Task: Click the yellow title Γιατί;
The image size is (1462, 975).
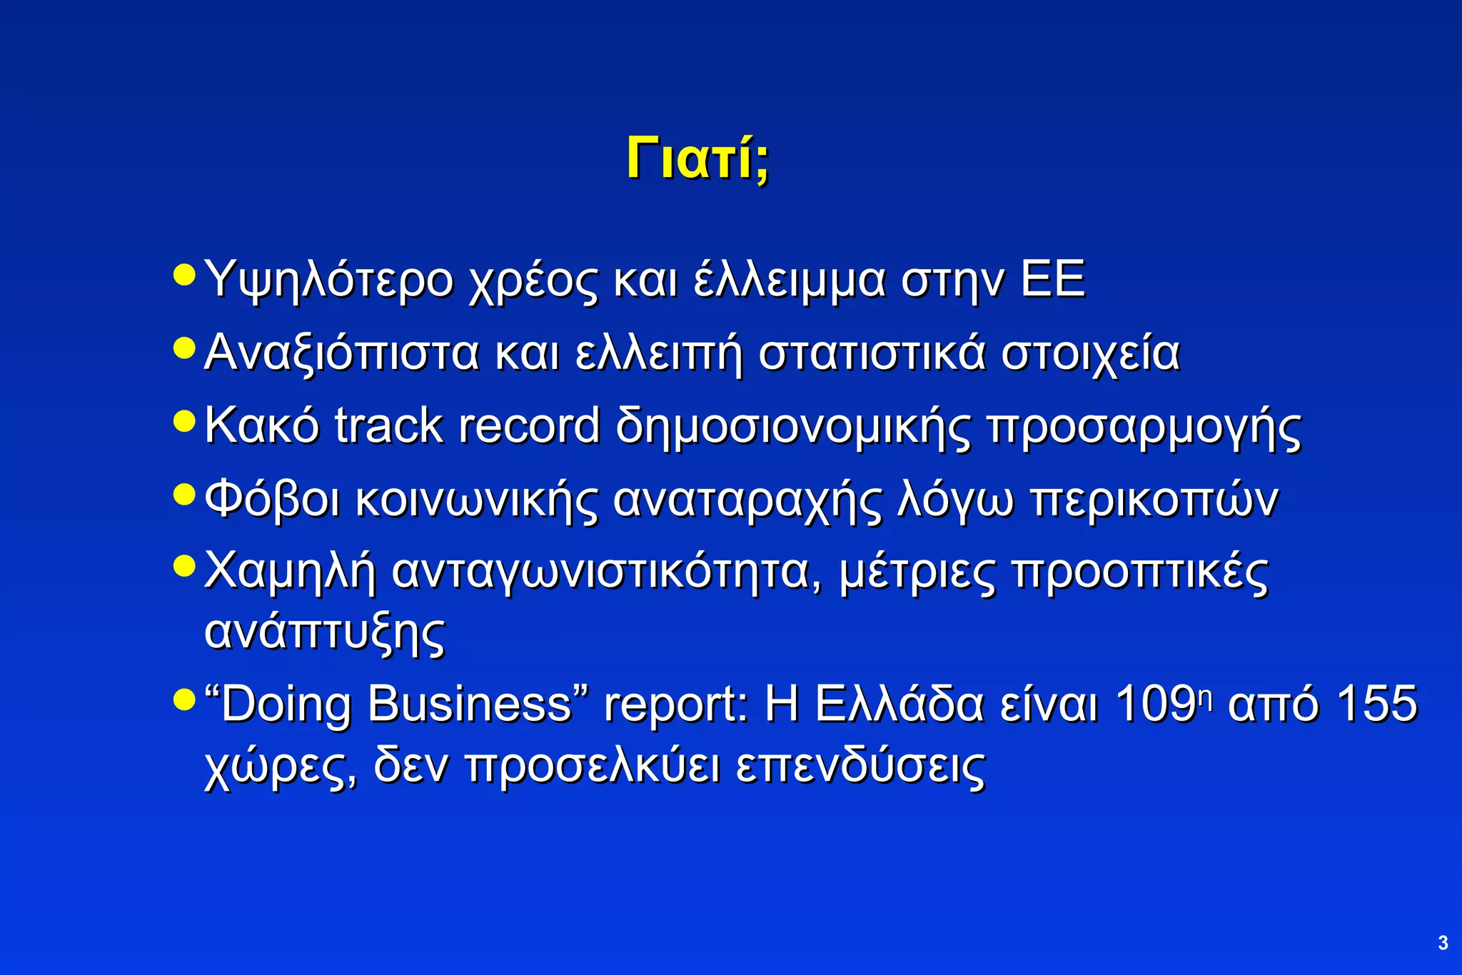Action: point(697,158)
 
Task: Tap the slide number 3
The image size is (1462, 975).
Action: point(1443,943)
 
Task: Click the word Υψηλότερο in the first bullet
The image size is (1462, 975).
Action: point(329,280)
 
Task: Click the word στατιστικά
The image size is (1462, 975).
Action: point(872,353)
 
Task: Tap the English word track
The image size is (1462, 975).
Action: point(388,426)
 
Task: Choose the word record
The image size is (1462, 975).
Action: point(529,426)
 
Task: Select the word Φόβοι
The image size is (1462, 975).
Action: point(272,499)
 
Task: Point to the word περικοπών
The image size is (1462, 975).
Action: point(1154,500)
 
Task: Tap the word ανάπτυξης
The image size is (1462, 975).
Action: point(325,632)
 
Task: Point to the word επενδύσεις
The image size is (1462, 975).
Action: point(861,767)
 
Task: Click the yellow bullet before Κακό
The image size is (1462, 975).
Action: point(184,420)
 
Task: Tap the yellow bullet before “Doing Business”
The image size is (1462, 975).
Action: point(184,699)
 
